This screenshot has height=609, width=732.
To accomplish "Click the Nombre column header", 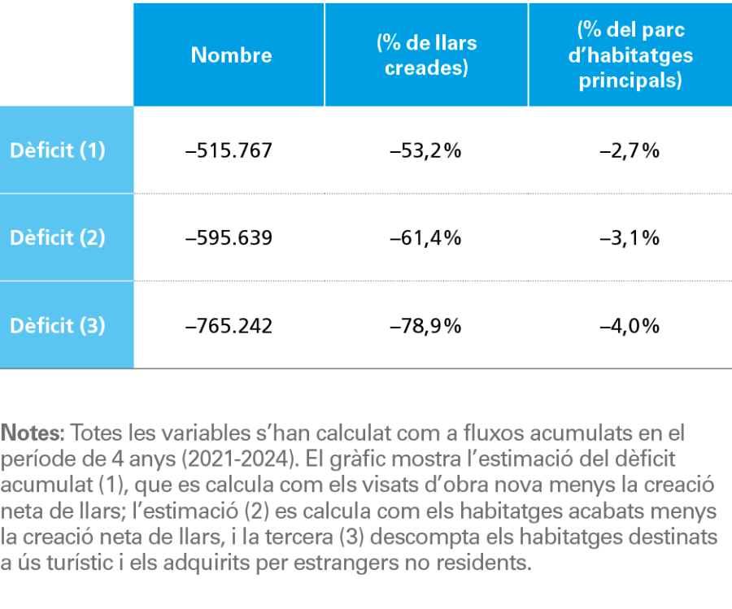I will [x=231, y=55].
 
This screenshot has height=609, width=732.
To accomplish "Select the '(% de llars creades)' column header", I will [x=426, y=55].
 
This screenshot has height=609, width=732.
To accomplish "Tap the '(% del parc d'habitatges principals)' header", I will [x=630, y=55].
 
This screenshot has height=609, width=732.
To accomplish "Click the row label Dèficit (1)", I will [x=58, y=150].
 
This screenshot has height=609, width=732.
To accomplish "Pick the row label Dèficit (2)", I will [x=58, y=238].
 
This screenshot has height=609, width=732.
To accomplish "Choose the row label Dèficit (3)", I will [x=58, y=326].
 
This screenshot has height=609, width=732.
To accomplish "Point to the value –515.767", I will [x=229, y=150].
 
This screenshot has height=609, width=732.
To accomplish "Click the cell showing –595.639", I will [x=229, y=238].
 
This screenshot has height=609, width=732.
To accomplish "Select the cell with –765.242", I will [x=229, y=326].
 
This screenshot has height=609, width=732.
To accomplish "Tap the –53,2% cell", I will [x=425, y=150].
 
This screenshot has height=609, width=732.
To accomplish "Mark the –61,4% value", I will [x=425, y=238].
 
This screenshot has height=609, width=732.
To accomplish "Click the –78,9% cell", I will [x=425, y=326].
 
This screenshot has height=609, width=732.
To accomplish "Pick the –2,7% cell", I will [x=630, y=150].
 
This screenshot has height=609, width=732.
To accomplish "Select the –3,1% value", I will [x=630, y=238].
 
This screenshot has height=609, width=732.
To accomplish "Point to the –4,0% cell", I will [x=630, y=326].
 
